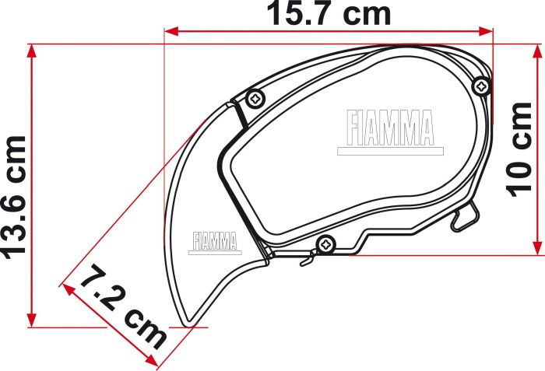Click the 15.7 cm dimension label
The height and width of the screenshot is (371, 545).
click(329, 14)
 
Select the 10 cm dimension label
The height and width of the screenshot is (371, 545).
click(519, 149)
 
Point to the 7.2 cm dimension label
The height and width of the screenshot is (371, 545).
click(123, 306)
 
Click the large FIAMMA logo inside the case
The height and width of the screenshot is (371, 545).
click(391, 128)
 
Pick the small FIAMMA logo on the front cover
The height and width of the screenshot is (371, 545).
click(215, 241)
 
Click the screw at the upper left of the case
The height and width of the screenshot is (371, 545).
click(255, 99)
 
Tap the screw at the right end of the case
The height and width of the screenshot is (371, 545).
click(481, 86)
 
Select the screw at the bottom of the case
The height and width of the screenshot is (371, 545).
click(326, 244)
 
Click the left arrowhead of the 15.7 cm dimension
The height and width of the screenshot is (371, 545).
click(171, 31)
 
